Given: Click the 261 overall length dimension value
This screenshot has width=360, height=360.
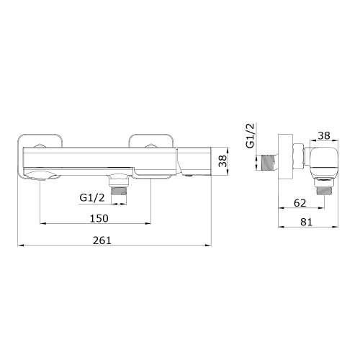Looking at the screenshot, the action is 102,240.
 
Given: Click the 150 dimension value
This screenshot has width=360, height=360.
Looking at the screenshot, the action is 99,218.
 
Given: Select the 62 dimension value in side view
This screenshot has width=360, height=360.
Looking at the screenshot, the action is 300,203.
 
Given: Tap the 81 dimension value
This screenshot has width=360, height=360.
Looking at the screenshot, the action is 307,222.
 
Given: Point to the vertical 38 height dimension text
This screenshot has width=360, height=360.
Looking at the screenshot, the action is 222,161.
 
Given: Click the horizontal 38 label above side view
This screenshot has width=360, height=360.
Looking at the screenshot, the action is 324,135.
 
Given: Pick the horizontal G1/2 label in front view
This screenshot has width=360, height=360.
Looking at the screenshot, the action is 92,198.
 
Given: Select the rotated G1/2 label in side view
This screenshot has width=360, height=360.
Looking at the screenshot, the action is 251,135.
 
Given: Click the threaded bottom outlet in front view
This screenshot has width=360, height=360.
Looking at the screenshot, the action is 119,191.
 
